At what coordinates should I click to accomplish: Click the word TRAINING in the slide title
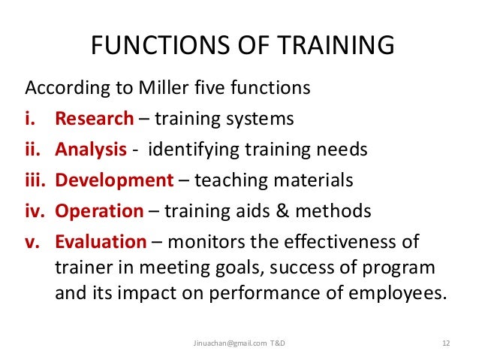332,46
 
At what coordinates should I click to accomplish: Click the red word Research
95,119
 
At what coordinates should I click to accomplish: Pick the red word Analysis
91,150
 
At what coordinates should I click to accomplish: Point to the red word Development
114,180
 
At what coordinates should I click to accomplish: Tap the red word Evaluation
101,242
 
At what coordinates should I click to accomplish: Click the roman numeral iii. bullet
37,180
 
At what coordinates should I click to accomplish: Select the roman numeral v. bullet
36,242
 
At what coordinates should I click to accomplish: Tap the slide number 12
446,343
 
